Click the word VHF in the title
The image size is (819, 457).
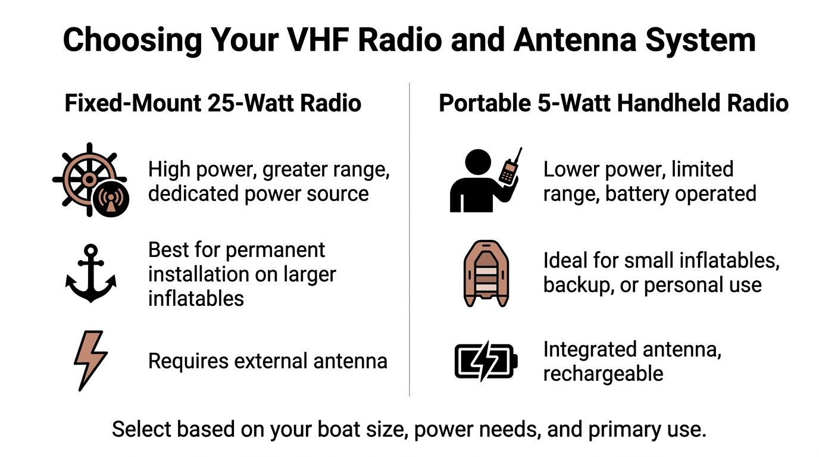(318, 40)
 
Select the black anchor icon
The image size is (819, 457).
(91, 273)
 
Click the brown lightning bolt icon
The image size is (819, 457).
(90, 361)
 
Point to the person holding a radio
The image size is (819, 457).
(486, 180)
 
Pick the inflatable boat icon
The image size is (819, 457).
(486, 273)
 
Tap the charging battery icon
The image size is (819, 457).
(486, 361)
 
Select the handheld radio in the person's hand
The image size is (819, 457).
(511, 167)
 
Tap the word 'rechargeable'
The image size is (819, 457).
(604, 374)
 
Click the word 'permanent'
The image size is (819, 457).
(275, 251)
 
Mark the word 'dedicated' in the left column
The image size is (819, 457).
(193, 193)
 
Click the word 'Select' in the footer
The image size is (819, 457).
(141, 429)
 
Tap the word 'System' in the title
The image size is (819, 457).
(701, 41)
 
